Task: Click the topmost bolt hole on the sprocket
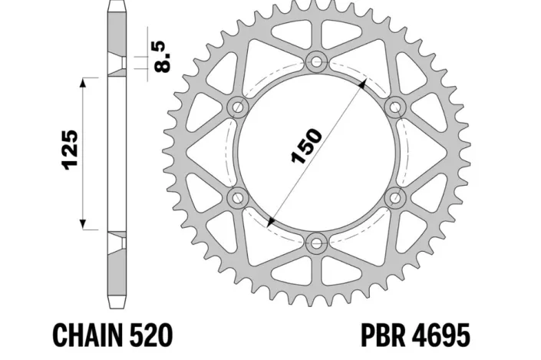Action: coord(316,60)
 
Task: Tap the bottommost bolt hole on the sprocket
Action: coord(316,244)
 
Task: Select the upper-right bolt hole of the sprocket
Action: coord(396,106)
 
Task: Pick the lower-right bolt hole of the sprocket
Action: coord(396,198)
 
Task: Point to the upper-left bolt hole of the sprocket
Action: coord(236,106)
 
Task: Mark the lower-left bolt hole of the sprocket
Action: coord(236,198)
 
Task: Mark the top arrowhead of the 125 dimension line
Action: coord(82,81)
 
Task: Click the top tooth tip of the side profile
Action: coord(117,6)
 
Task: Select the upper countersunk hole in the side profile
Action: coord(117,66)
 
